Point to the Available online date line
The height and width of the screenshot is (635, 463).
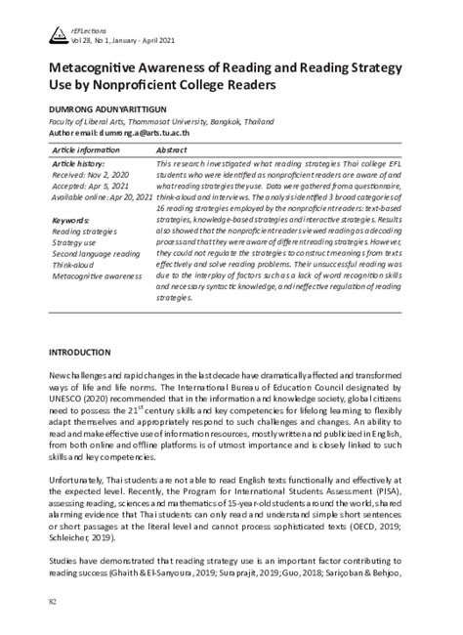tap(102, 197)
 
